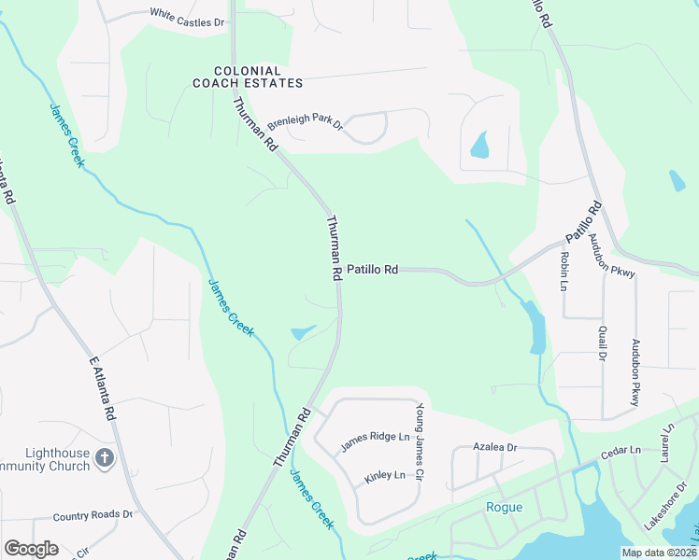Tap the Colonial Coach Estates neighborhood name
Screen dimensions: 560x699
pyautogui.click(x=248, y=77)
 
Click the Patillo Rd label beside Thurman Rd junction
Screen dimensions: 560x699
pyautogui.click(x=373, y=270)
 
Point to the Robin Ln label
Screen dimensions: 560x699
pyautogui.click(x=564, y=271)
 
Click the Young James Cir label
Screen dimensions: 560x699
pyautogui.click(x=420, y=442)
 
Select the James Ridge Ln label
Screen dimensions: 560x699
pyautogui.click(x=376, y=441)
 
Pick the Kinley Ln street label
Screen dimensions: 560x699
pyautogui.click(x=384, y=476)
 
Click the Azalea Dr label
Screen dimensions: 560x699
pyautogui.click(x=494, y=448)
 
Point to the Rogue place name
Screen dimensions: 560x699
pyautogui.click(x=505, y=508)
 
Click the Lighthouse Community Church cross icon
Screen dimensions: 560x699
pyautogui.click(x=105, y=458)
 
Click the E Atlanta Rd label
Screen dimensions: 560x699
pyautogui.click(x=103, y=386)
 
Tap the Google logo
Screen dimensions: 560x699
pyautogui.click(x=31, y=549)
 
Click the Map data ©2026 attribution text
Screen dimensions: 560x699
pyautogui.click(x=659, y=553)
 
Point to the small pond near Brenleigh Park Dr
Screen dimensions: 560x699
pyautogui.click(x=479, y=146)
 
